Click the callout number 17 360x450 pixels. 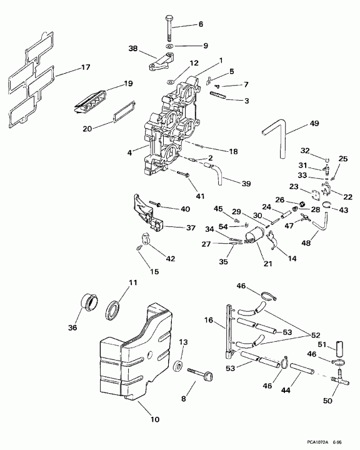[x=86, y=67]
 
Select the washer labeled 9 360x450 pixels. [x=169, y=46]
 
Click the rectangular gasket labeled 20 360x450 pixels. [x=124, y=112]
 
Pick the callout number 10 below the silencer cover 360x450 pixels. [x=155, y=419]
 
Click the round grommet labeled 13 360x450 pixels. [x=178, y=366]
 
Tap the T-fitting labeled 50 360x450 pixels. [x=339, y=379]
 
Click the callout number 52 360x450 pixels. [x=315, y=335]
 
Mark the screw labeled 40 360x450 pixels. [x=155, y=204]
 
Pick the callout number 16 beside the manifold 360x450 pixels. [x=209, y=320]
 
